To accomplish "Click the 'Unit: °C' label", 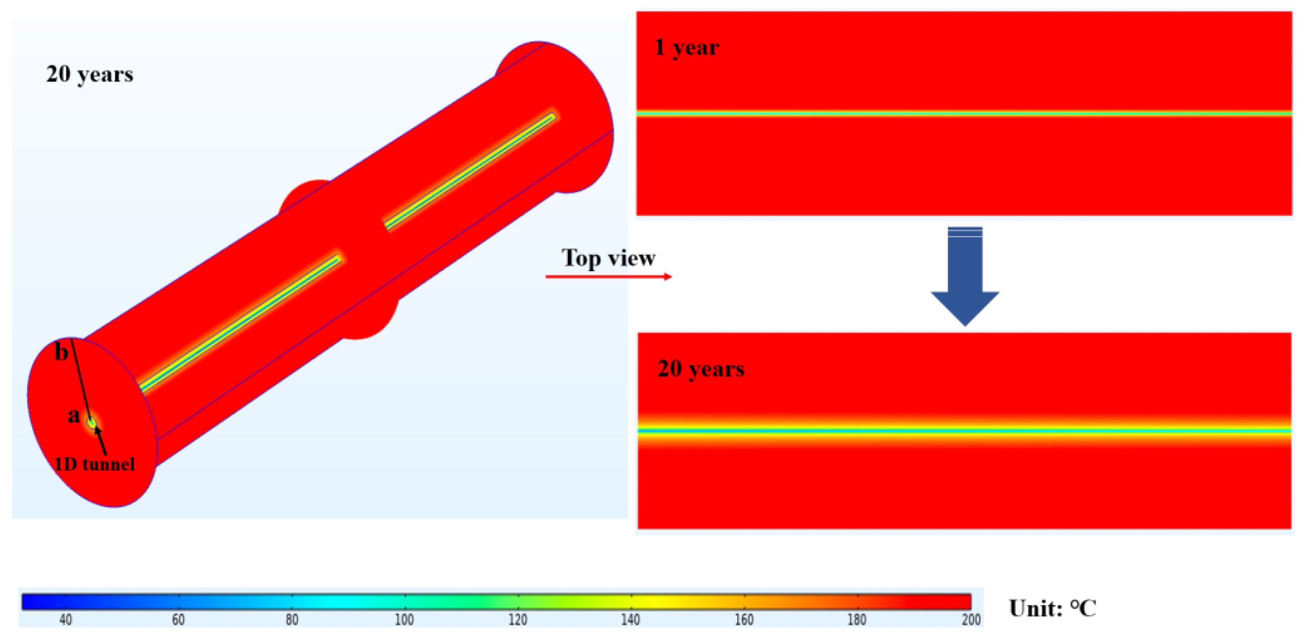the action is point(1052,608).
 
